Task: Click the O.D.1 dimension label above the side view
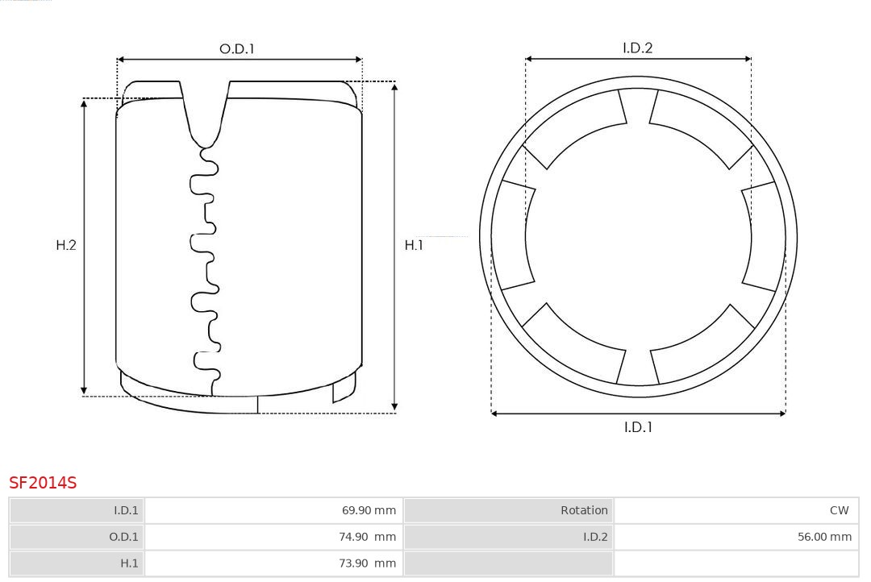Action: tap(236, 49)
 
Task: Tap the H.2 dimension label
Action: tap(66, 245)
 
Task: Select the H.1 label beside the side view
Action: tap(414, 245)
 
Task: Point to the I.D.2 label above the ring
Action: tap(638, 48)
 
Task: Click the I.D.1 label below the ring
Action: tap(638, 427)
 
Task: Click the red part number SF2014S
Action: tap(43, 483)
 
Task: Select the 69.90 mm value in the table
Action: tap(369, 510)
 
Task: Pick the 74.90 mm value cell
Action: tap(367, 537)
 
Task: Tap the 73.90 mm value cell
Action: tap(367, 563)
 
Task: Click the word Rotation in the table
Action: tap(584, 510)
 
